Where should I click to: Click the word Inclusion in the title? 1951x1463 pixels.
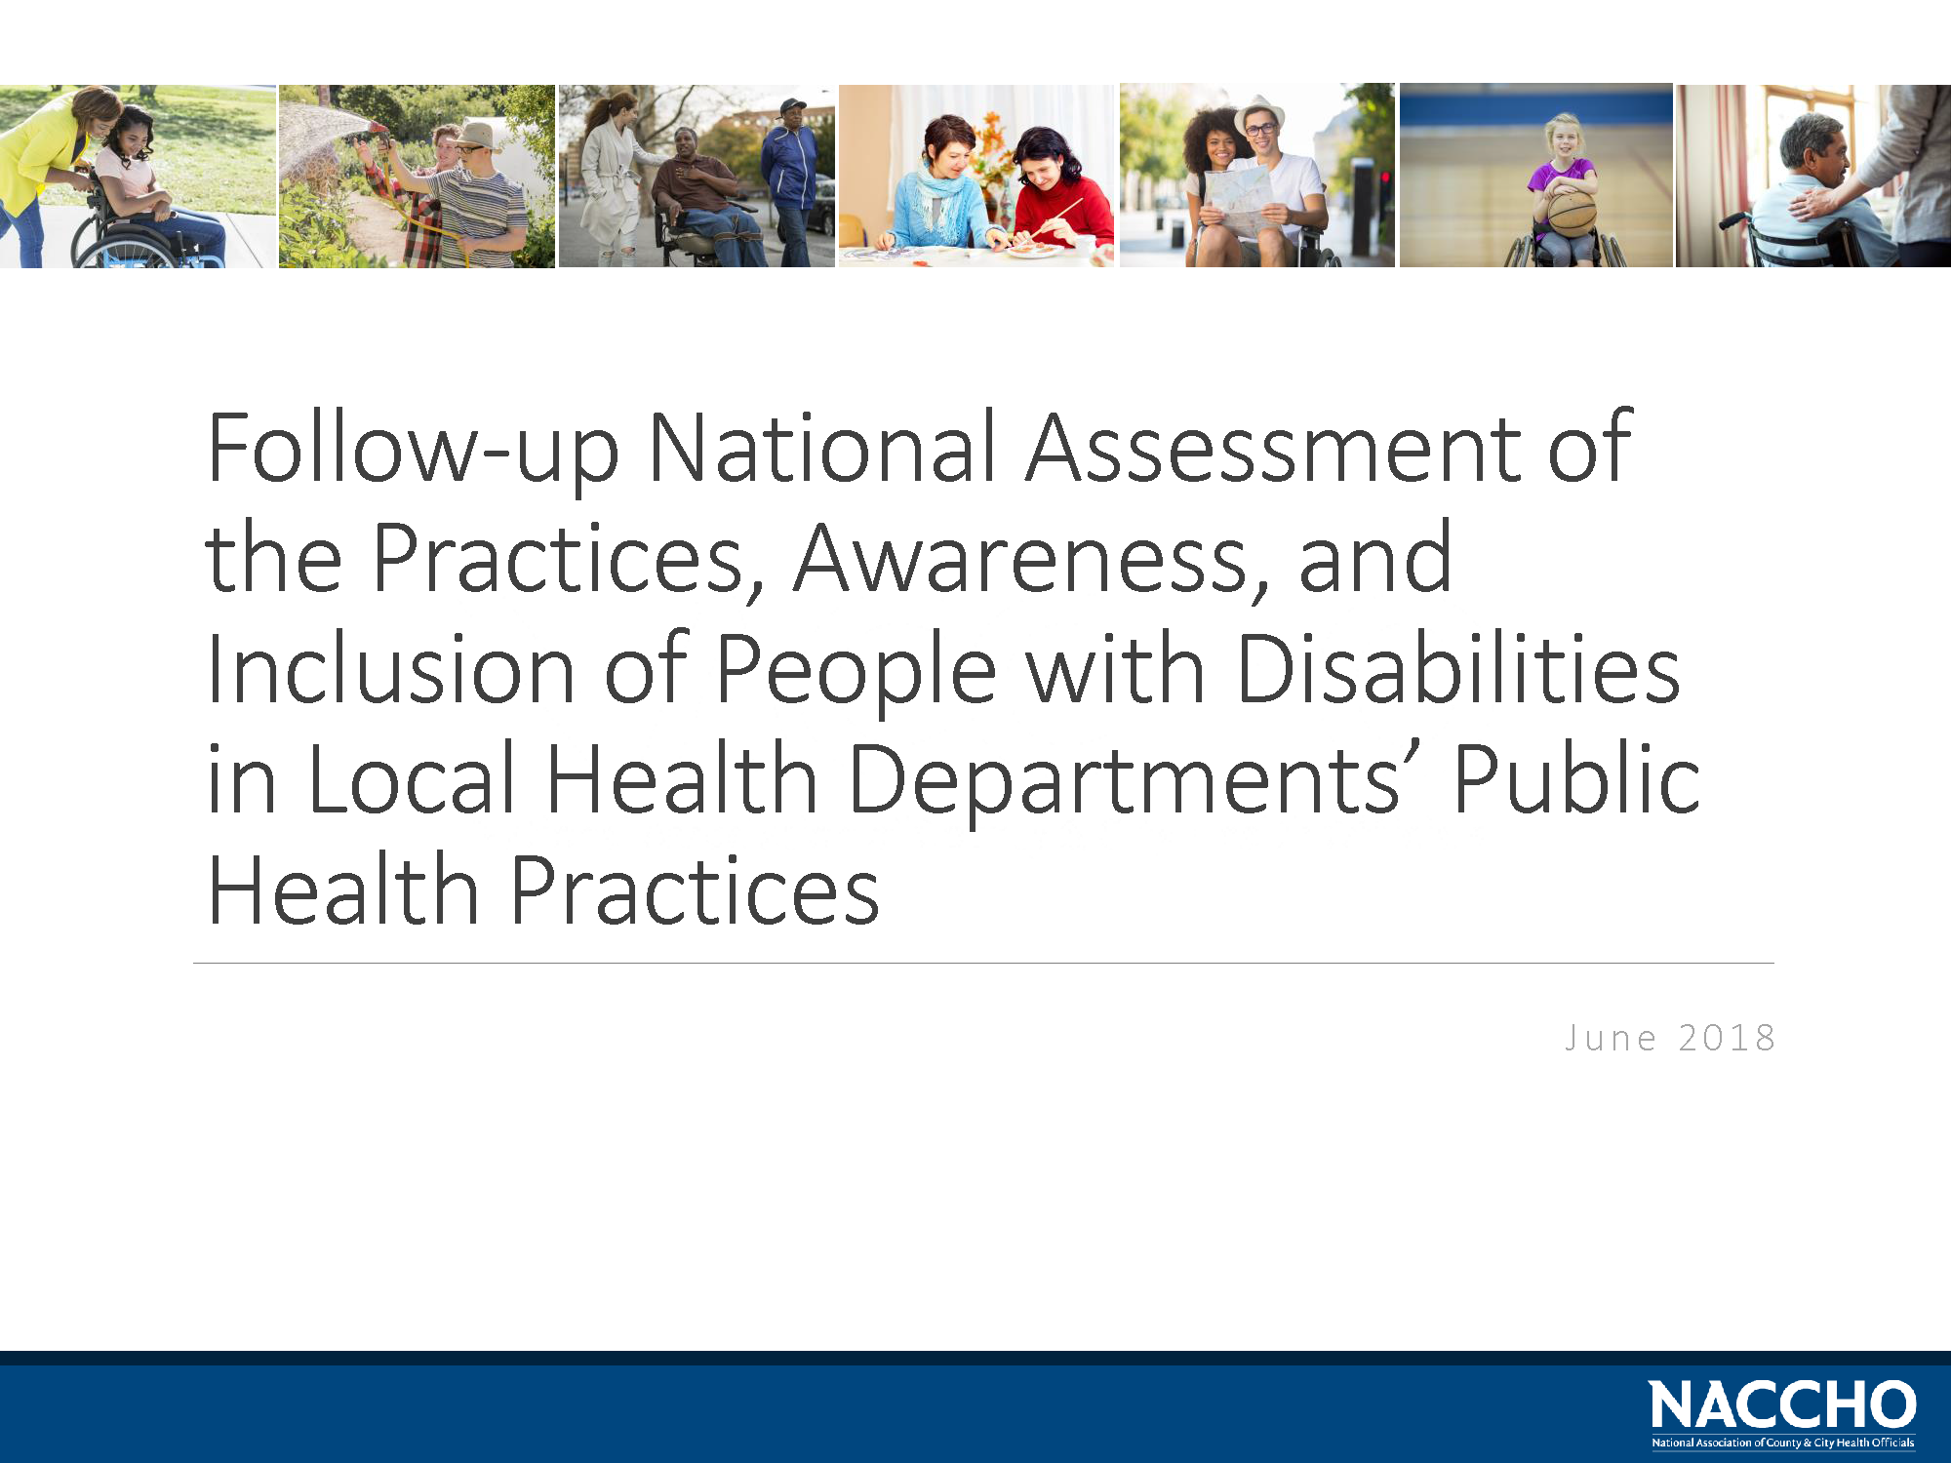coord(391,669)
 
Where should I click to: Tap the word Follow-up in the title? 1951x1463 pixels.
coord(414,451)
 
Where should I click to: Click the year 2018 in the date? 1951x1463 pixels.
coord(1726,1038)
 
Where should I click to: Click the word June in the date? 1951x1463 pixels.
coord(1611,1038)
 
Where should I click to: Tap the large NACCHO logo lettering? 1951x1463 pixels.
coord(1782,1405)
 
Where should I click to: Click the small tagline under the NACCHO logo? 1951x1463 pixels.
coord(1782,1443)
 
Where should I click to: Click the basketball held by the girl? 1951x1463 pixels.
coord(1572,213)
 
